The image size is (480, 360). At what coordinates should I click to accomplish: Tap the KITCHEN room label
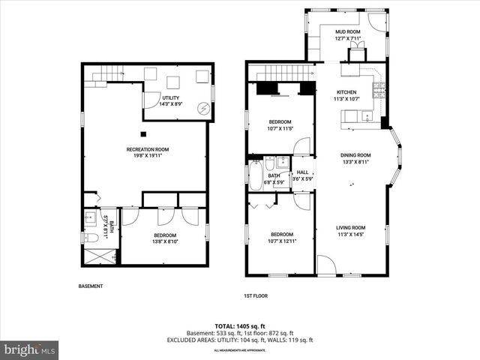point(346,91)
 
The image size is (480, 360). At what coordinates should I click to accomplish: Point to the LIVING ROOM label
point(349,227)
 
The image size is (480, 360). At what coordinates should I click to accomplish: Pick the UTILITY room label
point(170,97)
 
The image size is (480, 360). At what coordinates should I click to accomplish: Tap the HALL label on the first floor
point(302,172)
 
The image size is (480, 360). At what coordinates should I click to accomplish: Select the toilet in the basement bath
point(90,237)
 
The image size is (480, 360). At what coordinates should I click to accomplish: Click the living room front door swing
point(327,265)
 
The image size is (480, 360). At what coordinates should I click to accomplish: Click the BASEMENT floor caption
point(90,286)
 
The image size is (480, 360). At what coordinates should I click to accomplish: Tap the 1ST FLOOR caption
point(255,295)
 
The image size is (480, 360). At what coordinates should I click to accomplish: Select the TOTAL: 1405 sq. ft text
point(241,325)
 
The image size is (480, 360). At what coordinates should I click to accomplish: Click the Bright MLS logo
point(30,349)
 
